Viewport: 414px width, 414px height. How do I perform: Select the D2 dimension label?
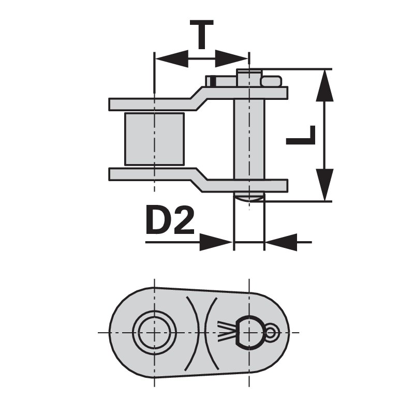pos(170,221)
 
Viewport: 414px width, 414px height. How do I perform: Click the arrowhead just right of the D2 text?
pos(215,242)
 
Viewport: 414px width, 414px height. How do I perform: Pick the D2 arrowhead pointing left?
pos(282,242)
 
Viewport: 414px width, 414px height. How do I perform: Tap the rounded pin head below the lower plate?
pos(249,196)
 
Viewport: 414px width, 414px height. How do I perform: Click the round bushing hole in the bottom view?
pos(154,332)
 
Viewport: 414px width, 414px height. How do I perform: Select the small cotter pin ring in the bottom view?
pos(272,332)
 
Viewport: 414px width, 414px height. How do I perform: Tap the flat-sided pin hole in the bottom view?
pos(249,332)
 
